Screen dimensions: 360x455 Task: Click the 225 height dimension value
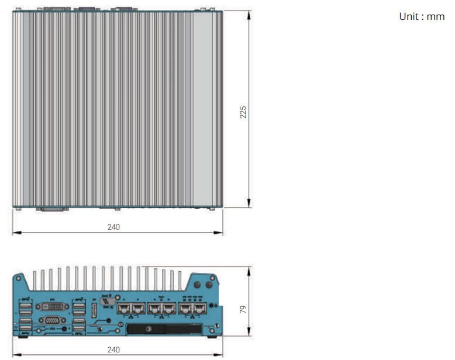pyautogui.click(x=243, y=112)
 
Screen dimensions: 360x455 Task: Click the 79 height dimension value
pyautogui.click(x=243, y=309)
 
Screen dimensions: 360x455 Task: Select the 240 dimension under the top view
pyautogui.click(x=113, y=227)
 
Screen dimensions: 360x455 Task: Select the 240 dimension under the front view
pyautogui.click(x=113, y=349)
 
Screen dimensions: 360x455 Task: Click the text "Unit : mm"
pyautogui.click(x=422, y=16)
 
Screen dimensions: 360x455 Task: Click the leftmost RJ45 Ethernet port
pyautogui.click(x=125, y=309)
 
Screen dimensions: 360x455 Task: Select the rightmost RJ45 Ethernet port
pyautogui.click(x=201, y=309)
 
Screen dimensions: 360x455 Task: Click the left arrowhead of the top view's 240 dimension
pyautogui.click(x=15, y=233)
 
